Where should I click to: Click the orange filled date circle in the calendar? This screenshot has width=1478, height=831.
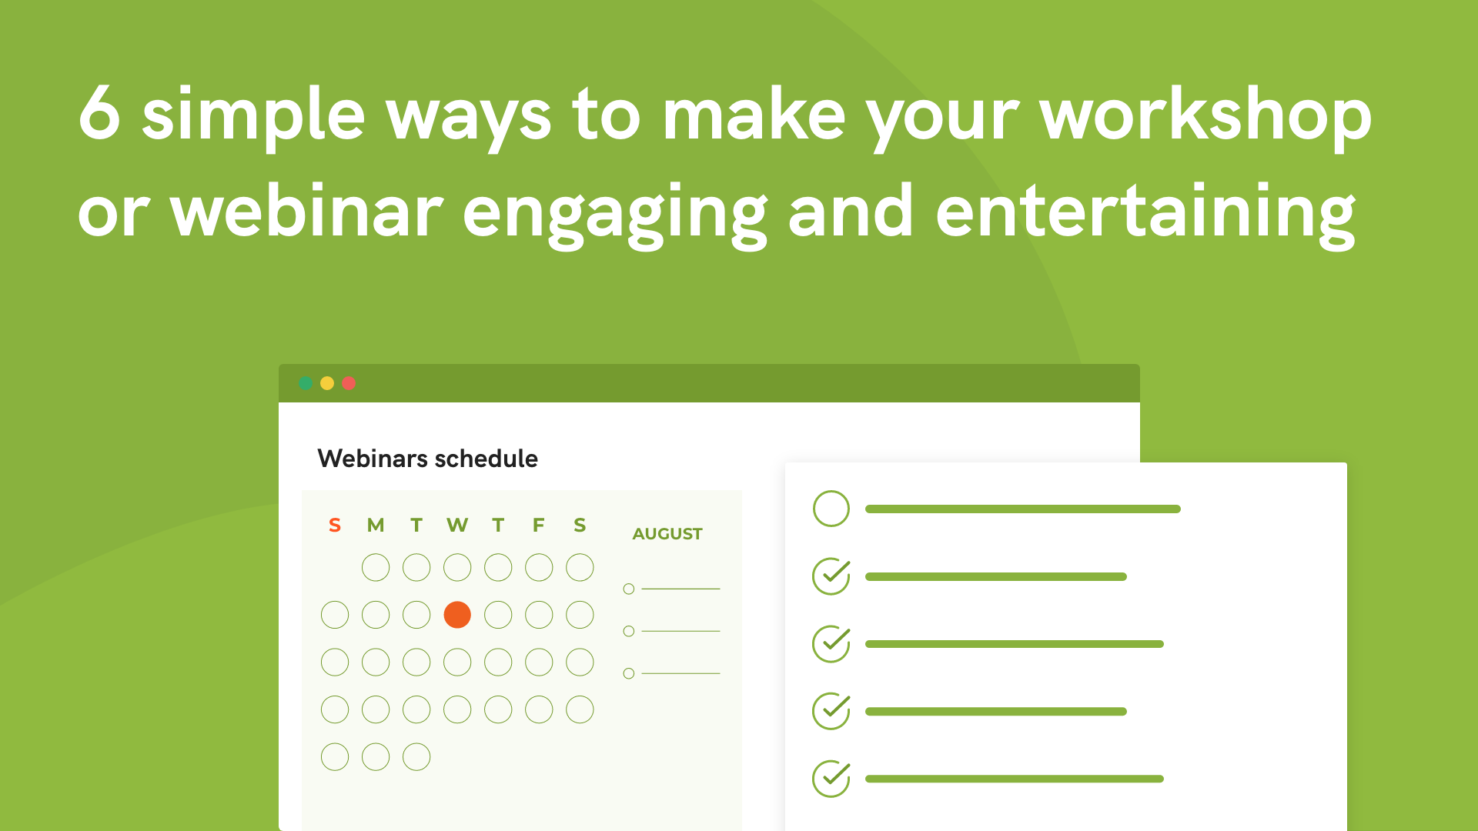[457, 615]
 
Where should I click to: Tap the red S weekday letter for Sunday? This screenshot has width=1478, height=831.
[335, 526]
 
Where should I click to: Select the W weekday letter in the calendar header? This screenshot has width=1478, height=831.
[457, 526]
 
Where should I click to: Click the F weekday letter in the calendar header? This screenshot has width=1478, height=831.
[539, 526]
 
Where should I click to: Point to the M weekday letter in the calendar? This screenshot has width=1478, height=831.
[376, 526]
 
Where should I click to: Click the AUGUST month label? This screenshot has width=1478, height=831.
[667, 534]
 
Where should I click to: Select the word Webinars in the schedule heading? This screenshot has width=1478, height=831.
[373, 459]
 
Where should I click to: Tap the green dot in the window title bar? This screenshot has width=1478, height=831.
[306, 383]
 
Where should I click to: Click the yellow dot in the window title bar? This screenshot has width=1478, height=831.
[327, 383]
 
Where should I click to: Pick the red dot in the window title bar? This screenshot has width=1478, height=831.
[349, 383]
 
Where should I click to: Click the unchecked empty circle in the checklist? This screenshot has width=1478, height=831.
[831, 509]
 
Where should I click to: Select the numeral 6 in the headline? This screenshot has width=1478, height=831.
[100, 113]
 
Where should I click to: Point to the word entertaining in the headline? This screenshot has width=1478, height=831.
[1145, 214]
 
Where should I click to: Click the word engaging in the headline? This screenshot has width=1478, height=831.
[615, 215]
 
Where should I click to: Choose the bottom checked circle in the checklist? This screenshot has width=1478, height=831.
[831, 779]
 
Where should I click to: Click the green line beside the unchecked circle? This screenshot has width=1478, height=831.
[1023, 509]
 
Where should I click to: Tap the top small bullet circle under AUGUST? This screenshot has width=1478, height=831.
[629, 589]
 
